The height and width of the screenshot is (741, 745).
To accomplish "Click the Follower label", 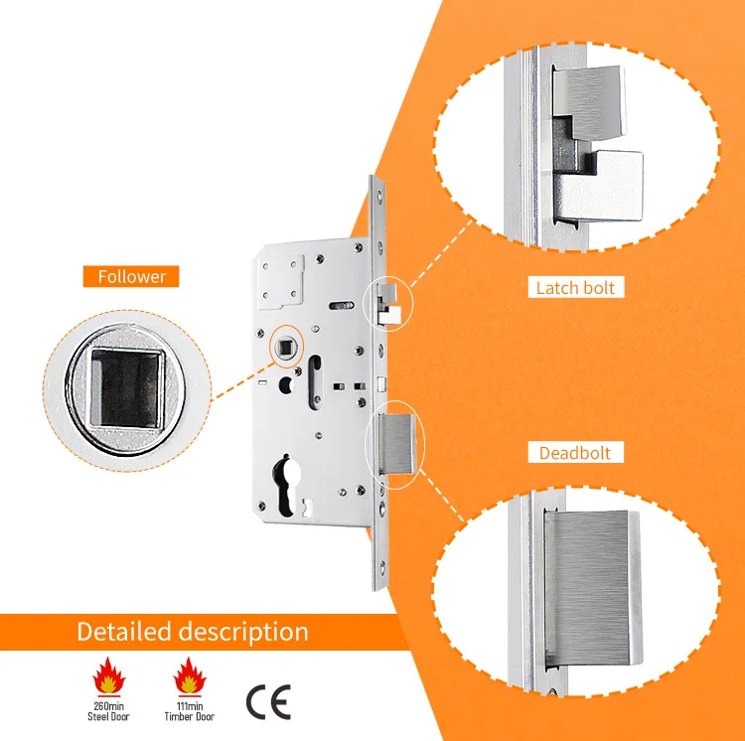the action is click(131, 276).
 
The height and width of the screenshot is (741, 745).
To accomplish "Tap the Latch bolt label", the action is click(575, 288).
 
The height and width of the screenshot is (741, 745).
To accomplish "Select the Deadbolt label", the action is click(575, 453).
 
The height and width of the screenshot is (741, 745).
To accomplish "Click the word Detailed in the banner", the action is click(124, 632).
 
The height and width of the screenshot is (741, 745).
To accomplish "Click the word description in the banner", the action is click(243, 633).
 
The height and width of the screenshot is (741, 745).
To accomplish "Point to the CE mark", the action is click(268, 702).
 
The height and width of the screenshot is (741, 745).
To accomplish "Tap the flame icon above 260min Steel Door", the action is click(109, 675).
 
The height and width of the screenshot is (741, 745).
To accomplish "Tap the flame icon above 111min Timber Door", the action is click(190, 675).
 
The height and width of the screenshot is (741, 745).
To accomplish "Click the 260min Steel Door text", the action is click(108, 711).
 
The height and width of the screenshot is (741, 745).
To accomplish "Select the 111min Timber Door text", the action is click(190, 711).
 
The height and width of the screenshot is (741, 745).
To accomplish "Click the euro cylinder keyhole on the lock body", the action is click(286, 485).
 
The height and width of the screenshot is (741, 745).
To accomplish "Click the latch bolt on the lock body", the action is click(389, 305).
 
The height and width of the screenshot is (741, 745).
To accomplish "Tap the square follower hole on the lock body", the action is click(286, 347).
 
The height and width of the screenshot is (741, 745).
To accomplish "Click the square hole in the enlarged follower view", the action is click(126, 388).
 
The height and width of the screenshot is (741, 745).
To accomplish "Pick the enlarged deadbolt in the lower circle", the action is click(592, 588).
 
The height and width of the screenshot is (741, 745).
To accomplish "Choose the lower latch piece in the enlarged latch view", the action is click(600, 186).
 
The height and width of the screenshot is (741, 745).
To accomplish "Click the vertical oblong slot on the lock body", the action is click(315, 381).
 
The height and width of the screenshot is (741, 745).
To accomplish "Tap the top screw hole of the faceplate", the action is click(379, 196).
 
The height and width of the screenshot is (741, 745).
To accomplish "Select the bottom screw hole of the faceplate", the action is click(382, 566).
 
